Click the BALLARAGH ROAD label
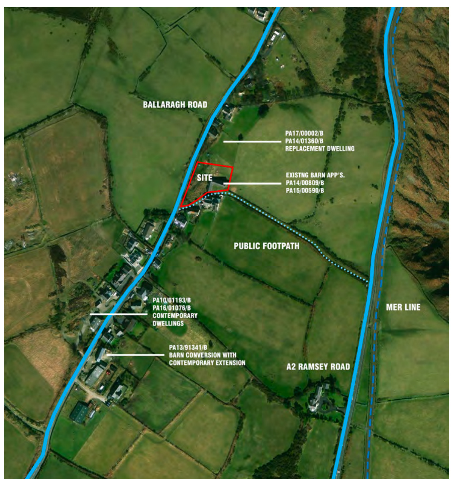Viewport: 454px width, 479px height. coord(175,105)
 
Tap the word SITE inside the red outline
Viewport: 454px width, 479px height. coord(204,178)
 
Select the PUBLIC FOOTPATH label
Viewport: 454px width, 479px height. coord(266,246)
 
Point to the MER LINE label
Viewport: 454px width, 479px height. coord(403,307)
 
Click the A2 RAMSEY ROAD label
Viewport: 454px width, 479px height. coord(318,367)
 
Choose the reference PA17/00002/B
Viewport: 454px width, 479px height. coord(304,133)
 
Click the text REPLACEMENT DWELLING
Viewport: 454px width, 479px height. coord(320,149)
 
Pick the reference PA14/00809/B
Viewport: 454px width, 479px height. coord(305,183)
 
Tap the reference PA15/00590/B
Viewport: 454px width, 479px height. coord(305,191)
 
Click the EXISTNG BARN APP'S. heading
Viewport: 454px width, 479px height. coord(315,175)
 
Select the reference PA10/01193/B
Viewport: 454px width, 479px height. coord(171,301)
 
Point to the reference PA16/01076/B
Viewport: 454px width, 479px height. coord(171,308)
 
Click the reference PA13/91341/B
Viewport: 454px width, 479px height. coord(188,348)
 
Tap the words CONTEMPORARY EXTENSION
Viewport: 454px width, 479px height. coord(207,363)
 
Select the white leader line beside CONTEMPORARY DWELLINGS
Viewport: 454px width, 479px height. coord(118,314)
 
